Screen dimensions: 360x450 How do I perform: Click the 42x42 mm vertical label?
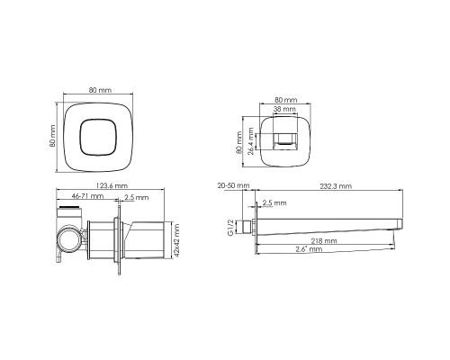(177, 238)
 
